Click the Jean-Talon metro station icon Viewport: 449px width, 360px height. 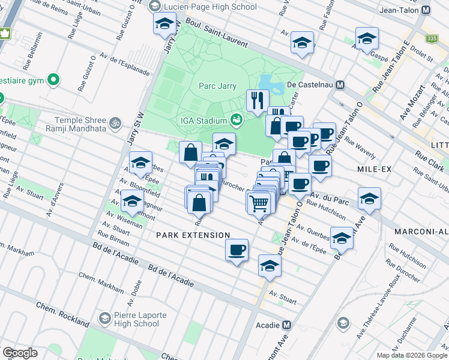(x=426, y=10)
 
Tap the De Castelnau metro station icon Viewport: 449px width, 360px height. (x=340, y=85)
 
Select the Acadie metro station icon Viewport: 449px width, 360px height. (x=286, y=325)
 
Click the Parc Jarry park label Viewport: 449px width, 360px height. (x=217, y=86)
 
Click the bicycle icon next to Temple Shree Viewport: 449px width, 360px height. (x=115, y=123)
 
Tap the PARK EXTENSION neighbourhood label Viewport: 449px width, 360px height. (x=193, y=235)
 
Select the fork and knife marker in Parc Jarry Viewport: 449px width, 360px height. (x=258, y=100)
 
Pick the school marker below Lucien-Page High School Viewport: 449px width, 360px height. (x=164, y=24)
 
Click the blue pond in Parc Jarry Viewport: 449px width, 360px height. (x=270, y=85)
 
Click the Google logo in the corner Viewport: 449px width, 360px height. (x=20, y=352)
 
